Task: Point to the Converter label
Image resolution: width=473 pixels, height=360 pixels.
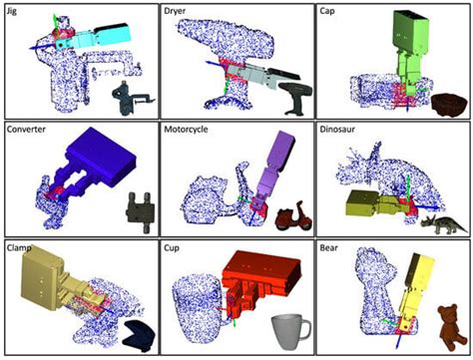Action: point(29,130)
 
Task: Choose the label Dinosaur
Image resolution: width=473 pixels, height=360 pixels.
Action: point(342,130)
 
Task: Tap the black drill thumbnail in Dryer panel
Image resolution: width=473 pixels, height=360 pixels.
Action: point(293,97)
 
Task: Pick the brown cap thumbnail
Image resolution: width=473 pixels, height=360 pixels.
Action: point(447,102)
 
